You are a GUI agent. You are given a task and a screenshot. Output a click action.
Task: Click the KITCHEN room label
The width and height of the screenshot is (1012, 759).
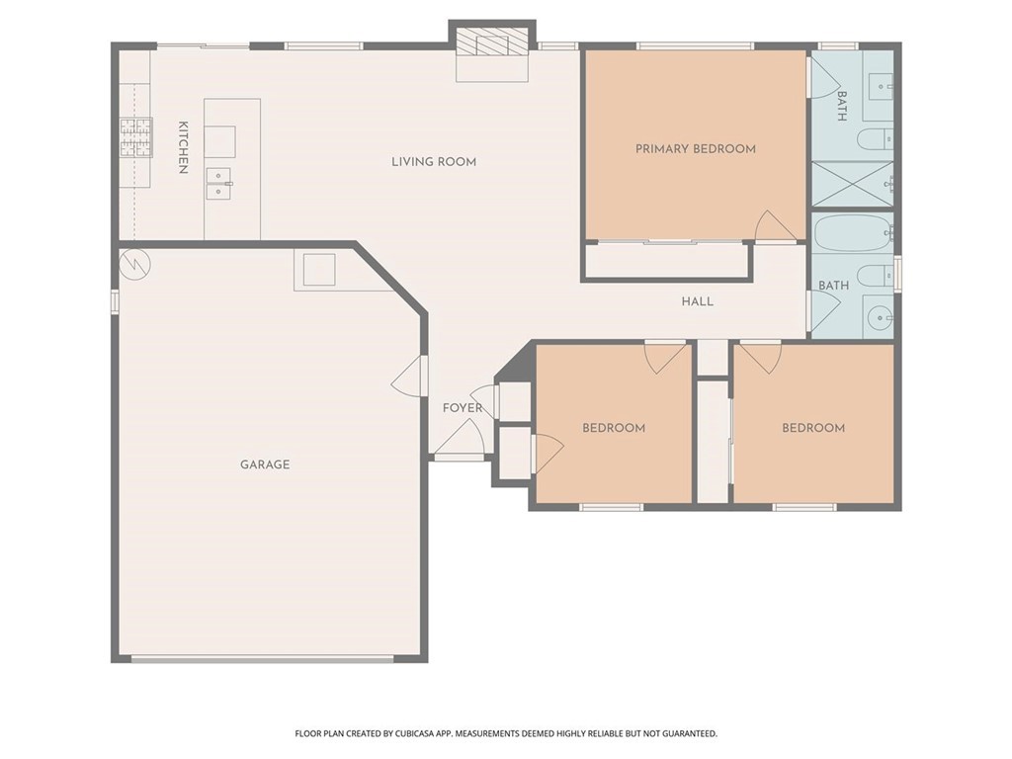(x=183, y=147)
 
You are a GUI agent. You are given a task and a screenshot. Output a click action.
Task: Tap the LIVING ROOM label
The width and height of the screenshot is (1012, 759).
(x=434, y=161)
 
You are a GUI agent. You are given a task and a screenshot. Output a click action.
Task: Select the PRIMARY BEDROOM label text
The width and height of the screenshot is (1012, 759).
(x=695, y=149)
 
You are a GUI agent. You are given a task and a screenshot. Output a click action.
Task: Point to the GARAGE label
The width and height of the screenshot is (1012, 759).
(x=265, y=464)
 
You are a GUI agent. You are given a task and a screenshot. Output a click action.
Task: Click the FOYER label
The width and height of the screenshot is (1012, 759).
(x=463, y=408)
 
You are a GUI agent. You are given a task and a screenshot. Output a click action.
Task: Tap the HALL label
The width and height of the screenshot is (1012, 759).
(x=697, y=300)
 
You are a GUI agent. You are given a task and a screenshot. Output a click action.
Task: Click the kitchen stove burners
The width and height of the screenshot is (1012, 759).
(x=136, y=137)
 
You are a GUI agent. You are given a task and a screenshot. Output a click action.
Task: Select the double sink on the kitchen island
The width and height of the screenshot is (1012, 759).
(x=218, y=183)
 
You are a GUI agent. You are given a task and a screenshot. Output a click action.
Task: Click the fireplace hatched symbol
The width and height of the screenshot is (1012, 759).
(x=492, y=42)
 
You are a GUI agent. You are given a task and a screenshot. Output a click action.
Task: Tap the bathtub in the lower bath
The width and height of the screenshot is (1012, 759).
(x=852, y=233)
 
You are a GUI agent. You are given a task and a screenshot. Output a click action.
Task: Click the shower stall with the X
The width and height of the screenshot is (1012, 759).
(x=852, y=184)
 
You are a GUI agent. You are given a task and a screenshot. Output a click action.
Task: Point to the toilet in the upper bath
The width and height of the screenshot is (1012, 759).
(x=876, y=139)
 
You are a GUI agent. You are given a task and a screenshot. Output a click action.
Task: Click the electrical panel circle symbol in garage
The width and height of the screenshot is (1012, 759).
(x=134, y=264)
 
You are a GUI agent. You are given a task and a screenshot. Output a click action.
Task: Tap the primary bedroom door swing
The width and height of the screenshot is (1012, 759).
(x=775, y=226)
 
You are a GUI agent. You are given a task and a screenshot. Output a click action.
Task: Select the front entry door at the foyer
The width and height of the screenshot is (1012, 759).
(x=459, y=438)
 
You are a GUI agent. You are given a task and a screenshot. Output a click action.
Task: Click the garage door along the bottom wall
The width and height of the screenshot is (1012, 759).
(x=262, y=659)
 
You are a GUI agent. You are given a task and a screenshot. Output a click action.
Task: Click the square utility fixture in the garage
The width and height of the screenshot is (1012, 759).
(x=319, y=270)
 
